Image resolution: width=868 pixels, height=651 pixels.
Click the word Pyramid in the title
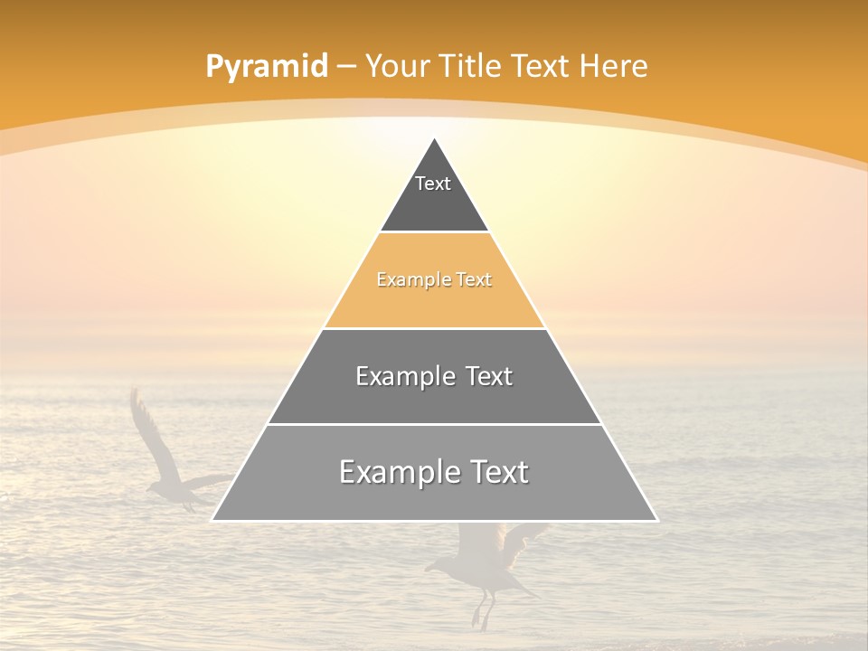266,67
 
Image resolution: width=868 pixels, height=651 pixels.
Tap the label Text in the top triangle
433,184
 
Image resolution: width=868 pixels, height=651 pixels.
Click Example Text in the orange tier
434,279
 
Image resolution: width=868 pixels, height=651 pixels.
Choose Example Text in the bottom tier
434,472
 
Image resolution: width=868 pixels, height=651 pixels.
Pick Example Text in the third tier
434,376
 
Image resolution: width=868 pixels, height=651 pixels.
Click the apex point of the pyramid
435,139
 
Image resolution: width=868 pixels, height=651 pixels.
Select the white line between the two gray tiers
434,424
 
